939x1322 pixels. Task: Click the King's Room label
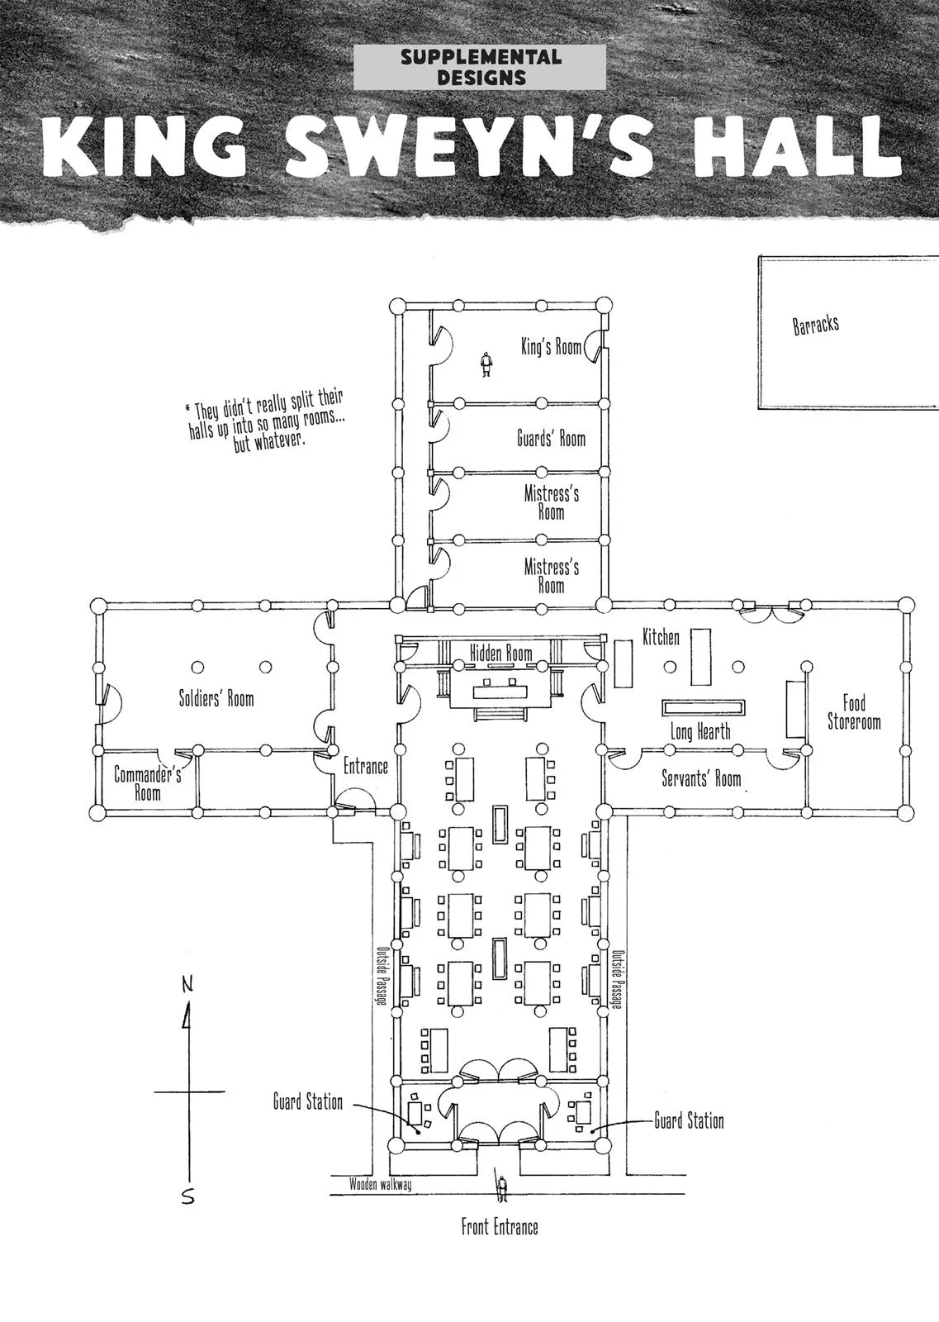[x=551, y=346]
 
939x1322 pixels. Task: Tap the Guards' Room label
[x=551, y=439]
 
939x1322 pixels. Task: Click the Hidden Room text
[x=500, y=653]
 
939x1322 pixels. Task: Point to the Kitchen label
[x=661, y=637]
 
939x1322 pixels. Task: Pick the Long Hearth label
[x=700, y=732]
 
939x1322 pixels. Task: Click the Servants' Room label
[x=700, y=778]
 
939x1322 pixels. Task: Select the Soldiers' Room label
[x=216, y=699]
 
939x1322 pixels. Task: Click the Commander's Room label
[x=148, y=782]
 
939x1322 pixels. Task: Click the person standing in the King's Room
[x=486, y=364]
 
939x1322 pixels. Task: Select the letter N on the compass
[x=187, y=984]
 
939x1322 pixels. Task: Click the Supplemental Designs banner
[x=480, y=67]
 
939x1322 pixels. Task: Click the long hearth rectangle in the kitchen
[x=703, y=707]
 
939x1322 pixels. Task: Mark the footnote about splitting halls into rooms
[x=265, y=420]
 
